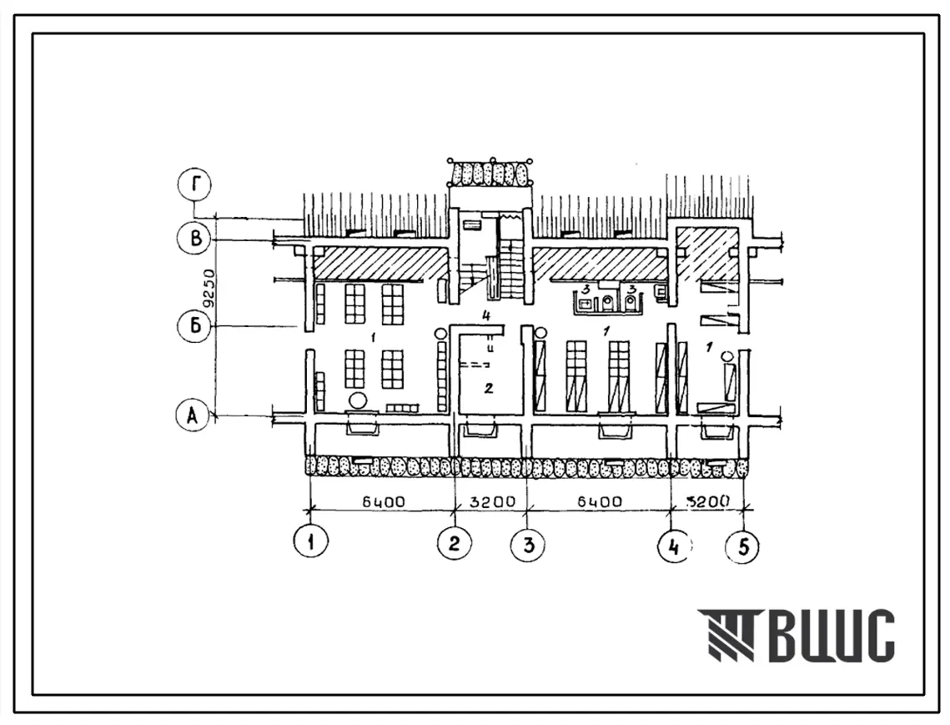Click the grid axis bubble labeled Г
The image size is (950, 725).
pos(195,185)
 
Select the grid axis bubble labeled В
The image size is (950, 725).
pos(195,239)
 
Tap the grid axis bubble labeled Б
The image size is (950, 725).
pos(195,327)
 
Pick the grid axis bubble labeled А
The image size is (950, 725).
pos(193,415)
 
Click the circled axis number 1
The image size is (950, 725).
pos(310,541)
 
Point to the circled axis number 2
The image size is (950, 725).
pos(455,541)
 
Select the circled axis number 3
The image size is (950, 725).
pos(527,545)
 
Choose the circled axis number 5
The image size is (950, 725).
pos(743,546)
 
